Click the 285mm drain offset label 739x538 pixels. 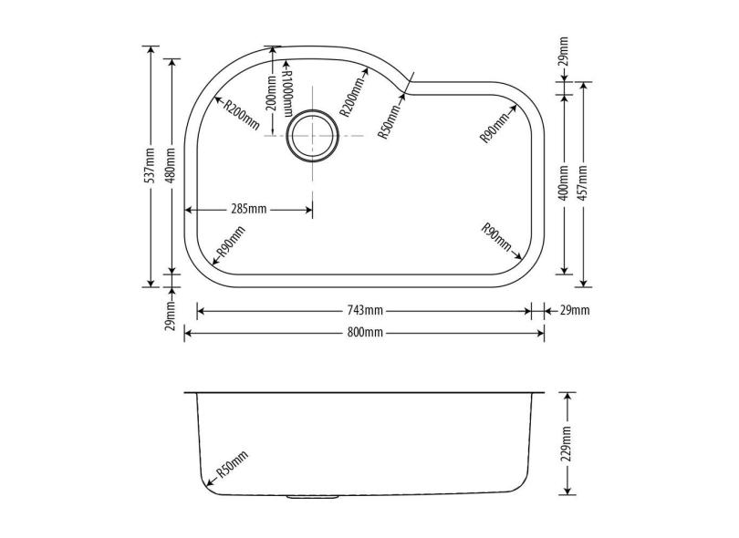tap(249, 209)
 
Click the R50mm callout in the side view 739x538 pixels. tap(231, 466)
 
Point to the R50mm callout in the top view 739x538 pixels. tap(390, 119)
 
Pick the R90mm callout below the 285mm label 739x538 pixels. tap(230, 244)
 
